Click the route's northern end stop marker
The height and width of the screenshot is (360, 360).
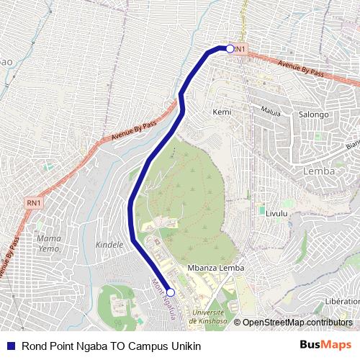(x=230, y=49)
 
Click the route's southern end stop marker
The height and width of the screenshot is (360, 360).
(x=171, y=292)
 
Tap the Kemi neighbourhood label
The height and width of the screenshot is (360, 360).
(x=221, y=112)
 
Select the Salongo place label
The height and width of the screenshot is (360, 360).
(x=313, y=114)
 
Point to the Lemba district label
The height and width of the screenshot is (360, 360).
(x=319, y=171)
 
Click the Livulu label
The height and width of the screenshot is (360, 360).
(x=276, y=214)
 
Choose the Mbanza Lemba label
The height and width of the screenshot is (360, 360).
(x=215, y=268)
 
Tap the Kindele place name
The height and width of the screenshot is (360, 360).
(x=109, y=244)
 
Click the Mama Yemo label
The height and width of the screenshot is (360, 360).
(x=48, y=243)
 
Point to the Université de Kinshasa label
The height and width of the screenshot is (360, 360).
(x=209, y=316)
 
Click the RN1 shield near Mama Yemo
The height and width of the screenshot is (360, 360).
(x=34, y=203)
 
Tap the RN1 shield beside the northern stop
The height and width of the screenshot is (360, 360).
(x=241, y=49)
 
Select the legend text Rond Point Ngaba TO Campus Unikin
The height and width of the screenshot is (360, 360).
(x=112, y=345)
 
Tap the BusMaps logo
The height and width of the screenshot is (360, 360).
(x=326, y=345)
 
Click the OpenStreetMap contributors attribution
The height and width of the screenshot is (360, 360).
(x=297, y=323)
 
